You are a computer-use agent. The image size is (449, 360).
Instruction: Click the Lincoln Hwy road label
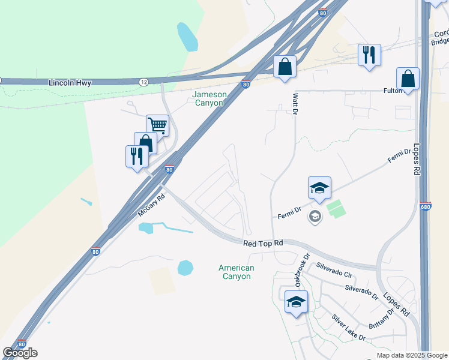71,83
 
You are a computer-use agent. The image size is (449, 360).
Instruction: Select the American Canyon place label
237,272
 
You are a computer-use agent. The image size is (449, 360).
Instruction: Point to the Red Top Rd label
263,244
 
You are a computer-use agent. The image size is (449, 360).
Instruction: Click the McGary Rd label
151,205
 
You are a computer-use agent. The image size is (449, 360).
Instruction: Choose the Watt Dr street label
295,103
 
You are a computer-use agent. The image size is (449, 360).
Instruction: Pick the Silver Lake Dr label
348,328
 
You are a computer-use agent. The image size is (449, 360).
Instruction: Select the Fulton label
393,91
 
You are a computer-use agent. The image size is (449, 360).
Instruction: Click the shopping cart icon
157,125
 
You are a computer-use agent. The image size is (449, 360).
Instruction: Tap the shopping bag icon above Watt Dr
285,67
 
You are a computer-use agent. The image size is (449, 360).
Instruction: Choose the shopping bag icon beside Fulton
408,79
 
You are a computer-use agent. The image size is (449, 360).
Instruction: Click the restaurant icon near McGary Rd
137,156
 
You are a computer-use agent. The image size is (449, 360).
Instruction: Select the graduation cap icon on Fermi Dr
320,188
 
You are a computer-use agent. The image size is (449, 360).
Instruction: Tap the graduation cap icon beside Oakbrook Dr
296,302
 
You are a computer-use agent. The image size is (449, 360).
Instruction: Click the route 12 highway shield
144,82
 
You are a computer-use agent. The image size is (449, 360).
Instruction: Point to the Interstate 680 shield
426,207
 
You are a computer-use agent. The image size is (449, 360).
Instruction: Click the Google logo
20,353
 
